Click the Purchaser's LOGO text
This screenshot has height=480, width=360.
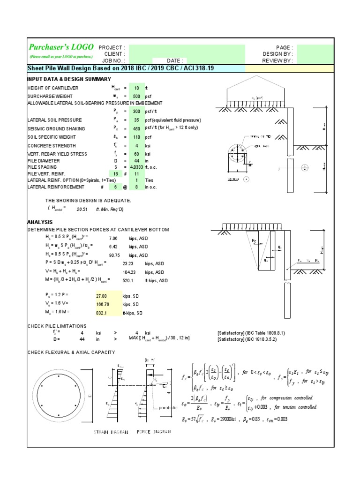(61, 47)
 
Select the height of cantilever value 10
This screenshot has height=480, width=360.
(136, 88)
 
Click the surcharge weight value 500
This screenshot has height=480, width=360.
(136, 96)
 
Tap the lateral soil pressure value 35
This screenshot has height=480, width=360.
(136, 120)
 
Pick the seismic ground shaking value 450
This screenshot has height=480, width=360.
(136, 128)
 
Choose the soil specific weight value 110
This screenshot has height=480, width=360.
(136, 136)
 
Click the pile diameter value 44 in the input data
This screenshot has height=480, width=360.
(136, 161)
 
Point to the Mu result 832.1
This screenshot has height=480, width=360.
(102, 313)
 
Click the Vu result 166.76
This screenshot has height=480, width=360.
(103, 304)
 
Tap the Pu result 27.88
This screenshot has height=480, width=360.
(102, 296)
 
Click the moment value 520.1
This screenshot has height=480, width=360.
(128, 280)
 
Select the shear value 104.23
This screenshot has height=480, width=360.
(129, 272)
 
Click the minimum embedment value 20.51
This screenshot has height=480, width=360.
(82, 210)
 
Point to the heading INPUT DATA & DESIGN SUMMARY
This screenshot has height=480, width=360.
(69, 79)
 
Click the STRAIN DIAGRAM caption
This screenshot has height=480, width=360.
(111, 432)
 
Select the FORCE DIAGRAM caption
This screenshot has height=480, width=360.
(153, 432)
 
